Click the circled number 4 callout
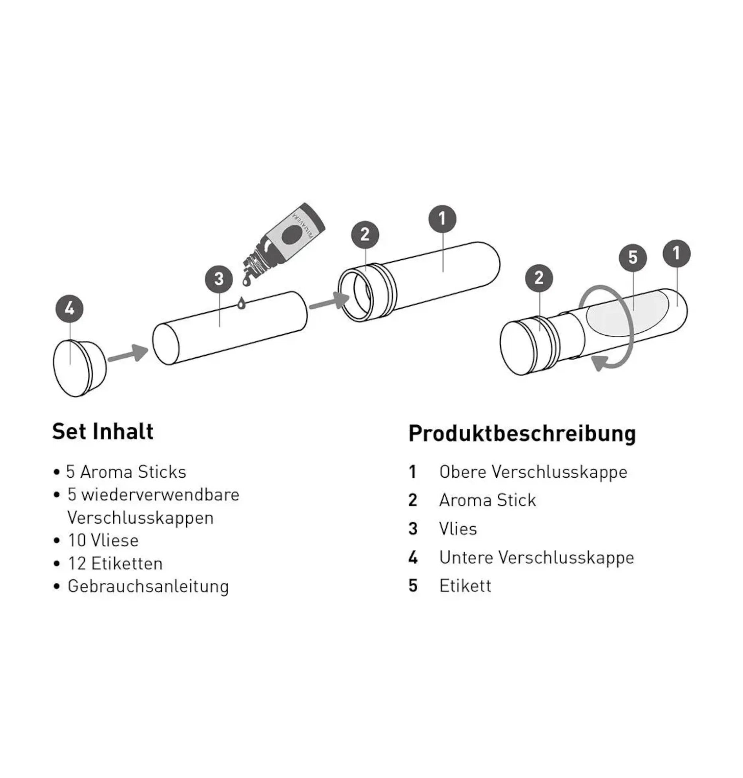point(69,309)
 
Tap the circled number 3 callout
point(219,279)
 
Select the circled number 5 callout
point(633,258)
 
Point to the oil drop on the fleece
point(241,303)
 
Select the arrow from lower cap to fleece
point(128,354)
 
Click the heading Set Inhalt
point(102,432)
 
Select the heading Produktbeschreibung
point(522,433)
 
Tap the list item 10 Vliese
point(103,540)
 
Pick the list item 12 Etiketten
point(115,563)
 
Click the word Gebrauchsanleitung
point(148,586)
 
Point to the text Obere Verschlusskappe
point(533,472)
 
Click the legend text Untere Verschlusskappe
point(536,557)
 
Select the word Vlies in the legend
point(458,529)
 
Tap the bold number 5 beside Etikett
point(413,586)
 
